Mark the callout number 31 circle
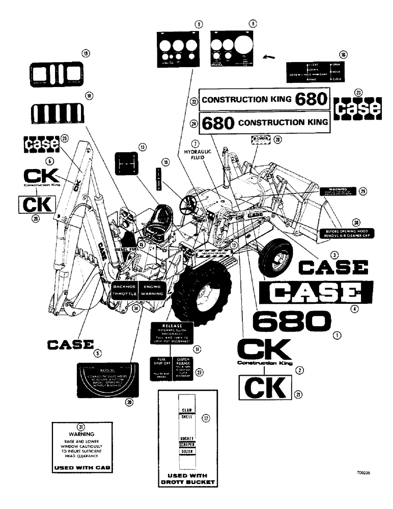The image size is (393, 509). (80, 426)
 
